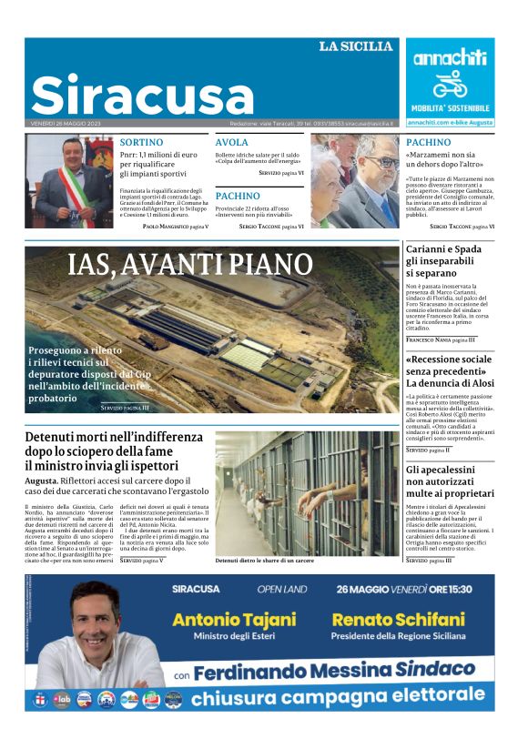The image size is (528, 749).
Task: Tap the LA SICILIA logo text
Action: coord(356,46)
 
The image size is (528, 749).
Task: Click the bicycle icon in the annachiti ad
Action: coord(450,85)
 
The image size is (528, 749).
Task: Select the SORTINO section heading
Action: coord(141,142)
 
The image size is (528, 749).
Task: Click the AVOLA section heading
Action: coord(231,142)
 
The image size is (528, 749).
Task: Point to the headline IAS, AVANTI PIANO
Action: coord(190,265)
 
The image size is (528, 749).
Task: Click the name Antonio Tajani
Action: coord(234,620)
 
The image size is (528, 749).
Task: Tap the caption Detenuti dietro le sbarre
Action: coord(264,562)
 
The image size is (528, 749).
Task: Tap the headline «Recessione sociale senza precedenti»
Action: coord(449,370)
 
